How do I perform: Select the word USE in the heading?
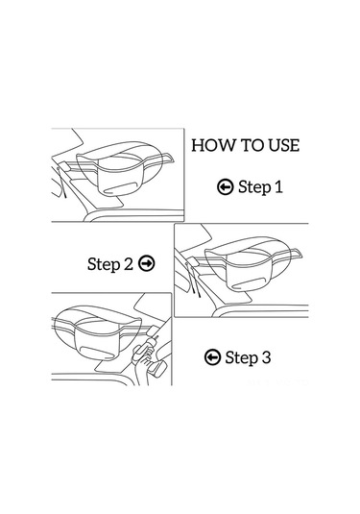click(284, 145)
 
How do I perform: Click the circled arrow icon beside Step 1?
click(226, 187)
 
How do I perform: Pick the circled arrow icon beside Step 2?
click(147, 263)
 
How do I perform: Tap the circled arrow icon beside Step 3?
click(212, 357)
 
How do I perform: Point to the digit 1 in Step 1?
click(278, 186)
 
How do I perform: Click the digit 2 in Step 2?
click(129, 263)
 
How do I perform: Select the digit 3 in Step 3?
click(266, 357)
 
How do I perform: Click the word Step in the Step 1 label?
click(254, 187)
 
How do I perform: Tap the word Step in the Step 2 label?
click(104, 264)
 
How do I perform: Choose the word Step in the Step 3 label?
click(241, 358)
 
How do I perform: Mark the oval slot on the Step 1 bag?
click(119, 188)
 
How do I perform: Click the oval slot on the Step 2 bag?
click(248, 283)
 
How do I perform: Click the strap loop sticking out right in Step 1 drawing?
click(167, 158)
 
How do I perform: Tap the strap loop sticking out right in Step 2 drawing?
click(295, 254)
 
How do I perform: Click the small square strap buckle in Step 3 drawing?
click(153, 331)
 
